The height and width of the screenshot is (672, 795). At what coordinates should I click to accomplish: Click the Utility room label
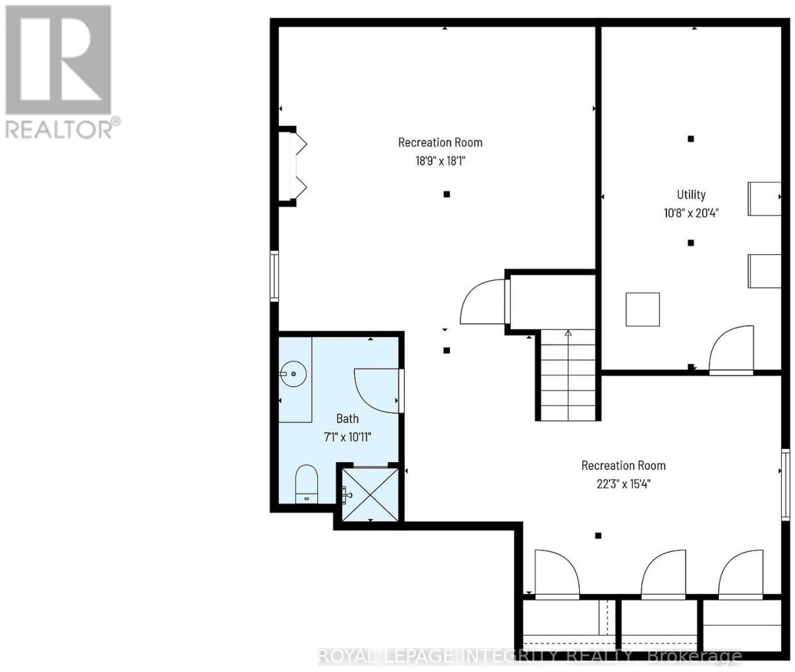tap(691, 195)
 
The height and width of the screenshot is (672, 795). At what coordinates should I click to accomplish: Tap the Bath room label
tap(347, 419)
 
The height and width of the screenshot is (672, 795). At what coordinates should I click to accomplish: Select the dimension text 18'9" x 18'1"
tap(440, 161)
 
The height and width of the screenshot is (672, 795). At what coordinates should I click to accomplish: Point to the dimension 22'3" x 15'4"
tap(624, 484)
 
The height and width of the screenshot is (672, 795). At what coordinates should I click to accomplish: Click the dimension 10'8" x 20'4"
tap(691, 213)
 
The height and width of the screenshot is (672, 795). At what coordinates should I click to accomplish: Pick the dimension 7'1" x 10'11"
tap(347, 437)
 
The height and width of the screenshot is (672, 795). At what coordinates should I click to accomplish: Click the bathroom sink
tap(293, 373)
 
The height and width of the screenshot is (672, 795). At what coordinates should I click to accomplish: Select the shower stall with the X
tap(371, 495)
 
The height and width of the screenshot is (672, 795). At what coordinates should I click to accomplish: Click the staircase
tap(568, 375)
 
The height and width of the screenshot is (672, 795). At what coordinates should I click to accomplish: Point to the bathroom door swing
tap(378, 390)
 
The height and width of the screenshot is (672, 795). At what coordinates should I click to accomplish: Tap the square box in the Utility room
tap(642, 309)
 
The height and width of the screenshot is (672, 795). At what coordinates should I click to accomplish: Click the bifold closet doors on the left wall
tap(299, 166)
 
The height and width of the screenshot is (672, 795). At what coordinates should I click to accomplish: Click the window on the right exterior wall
tap(785, 484)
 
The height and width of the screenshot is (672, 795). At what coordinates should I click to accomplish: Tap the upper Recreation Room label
tap(440, 143)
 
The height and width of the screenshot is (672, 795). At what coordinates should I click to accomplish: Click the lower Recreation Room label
tap(624, 465)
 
